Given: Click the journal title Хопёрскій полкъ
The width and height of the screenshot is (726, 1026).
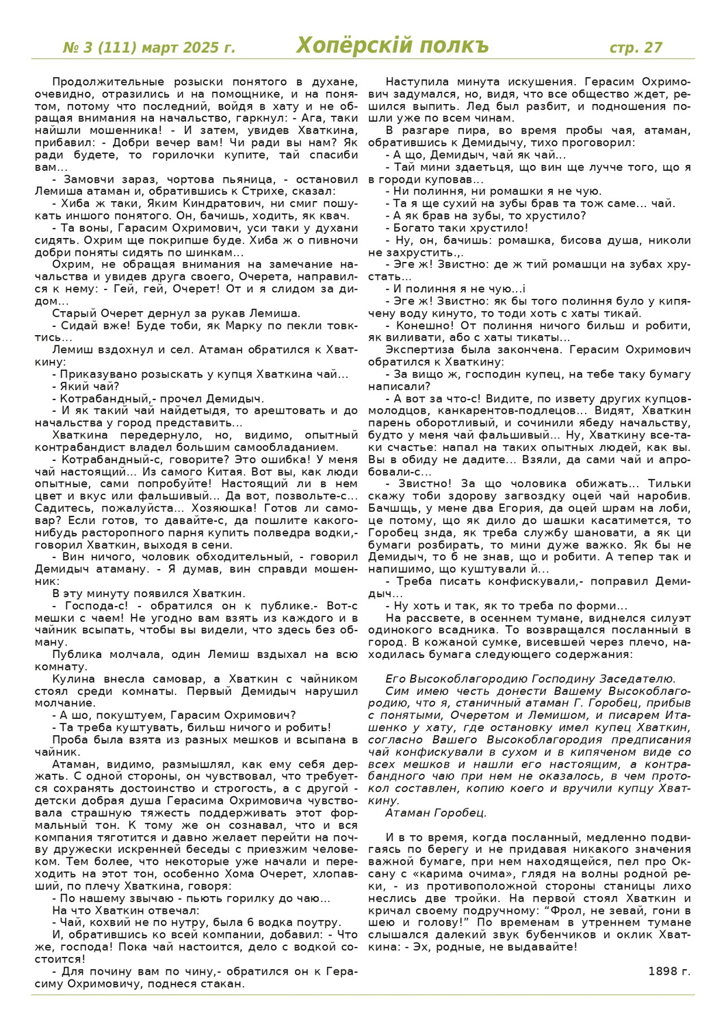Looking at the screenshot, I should tap(392, 46).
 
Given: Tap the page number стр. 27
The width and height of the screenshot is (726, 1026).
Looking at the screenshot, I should tap(636, 47).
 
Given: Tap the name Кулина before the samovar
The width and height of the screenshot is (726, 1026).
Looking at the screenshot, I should tap(70, 679).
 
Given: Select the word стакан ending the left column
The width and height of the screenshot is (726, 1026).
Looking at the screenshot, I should tap(224, 984).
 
